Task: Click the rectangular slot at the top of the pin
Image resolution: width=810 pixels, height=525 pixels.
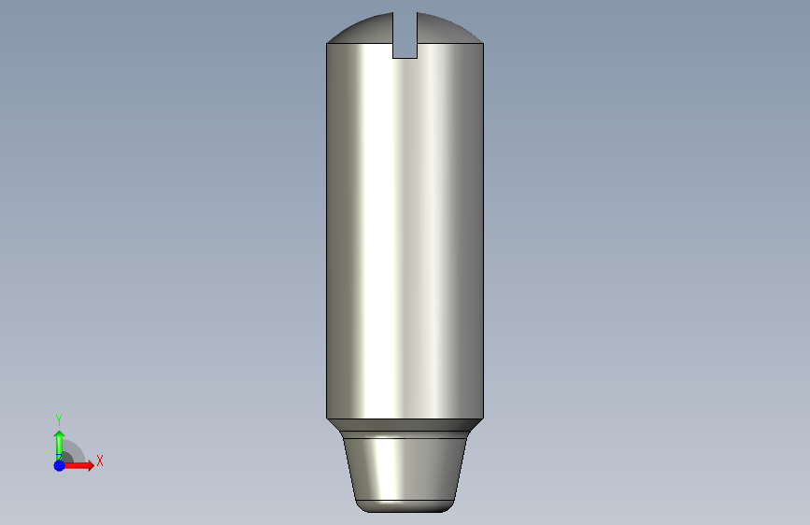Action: [x=405, y=37]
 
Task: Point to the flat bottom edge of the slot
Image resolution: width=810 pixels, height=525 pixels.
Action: [x=405, y=58]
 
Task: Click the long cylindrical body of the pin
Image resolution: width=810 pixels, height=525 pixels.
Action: [x=405, y=234]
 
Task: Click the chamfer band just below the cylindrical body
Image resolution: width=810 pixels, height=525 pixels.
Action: [x=405, y=423]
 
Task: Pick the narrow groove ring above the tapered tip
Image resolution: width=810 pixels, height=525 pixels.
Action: [x=405, y=434]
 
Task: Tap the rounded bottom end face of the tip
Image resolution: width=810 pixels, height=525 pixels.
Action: [x=405, y=506]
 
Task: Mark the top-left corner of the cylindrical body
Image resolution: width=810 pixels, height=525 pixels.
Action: [x=327, y=44]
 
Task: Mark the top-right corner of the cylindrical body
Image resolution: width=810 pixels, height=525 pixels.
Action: [x=483, y=44]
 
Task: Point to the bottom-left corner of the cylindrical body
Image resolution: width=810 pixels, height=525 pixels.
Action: [x=327, y=418]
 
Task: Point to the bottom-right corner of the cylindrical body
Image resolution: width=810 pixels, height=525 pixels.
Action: [x=483, y=418]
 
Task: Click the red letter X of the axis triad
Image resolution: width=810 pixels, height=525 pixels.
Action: [x=99, y=461]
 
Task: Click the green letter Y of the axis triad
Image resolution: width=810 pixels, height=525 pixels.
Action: [x=59, y=419]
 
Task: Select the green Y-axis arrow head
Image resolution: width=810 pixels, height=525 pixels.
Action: [x=59, y=435]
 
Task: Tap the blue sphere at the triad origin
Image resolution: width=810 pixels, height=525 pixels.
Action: [x=59, y=464]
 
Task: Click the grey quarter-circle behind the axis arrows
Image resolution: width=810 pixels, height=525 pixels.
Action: [x=73, y=453]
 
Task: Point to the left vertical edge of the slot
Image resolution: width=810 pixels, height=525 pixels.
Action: [x=392, y=37]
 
